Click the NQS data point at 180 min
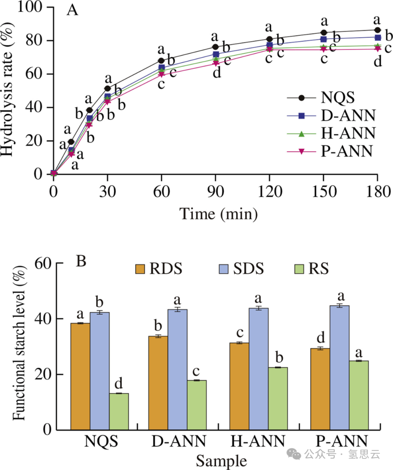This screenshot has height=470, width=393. point(377,30)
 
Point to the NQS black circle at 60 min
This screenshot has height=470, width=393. point(161,61)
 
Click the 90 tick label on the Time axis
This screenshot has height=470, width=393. point(215,192)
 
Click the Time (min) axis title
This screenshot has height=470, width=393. point(218,214)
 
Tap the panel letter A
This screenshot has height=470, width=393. point(72,10)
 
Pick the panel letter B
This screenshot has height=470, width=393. point(81,261)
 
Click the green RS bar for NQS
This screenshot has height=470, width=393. point(119,411)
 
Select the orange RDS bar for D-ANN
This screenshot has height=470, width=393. point(158,383)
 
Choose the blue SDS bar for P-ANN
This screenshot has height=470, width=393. point(339,367)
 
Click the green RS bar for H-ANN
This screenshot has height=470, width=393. point(278,398)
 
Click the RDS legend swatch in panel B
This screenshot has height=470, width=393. point(140,269)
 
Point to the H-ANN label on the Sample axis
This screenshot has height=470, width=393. point(258,441)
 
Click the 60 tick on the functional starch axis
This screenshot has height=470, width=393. point(43,263)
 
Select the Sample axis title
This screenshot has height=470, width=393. point(221,461)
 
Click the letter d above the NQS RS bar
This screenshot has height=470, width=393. point(119,383)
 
